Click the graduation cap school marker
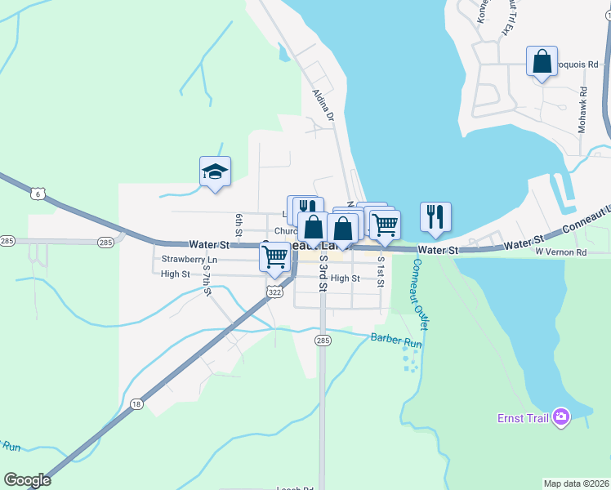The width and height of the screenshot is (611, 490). point(215,171)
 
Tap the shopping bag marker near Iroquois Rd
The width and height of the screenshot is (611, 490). point(542,61)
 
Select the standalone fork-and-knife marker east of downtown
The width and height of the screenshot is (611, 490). point(435,217)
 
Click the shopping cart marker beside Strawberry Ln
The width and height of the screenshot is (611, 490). point(275,257)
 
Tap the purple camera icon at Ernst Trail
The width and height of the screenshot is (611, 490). point(560,417)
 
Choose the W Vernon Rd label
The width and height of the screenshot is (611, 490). point(561,253)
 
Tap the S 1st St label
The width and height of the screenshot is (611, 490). point(381,272)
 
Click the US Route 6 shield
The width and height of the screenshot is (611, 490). point(38,194)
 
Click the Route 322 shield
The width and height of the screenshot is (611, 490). point(274,292)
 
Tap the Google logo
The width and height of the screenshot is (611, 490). point(27,480)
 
